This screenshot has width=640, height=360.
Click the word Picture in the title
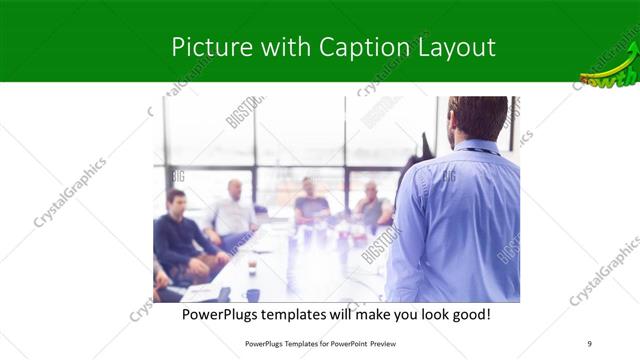pos(204,47)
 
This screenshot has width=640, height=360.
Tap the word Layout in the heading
pos(453,47)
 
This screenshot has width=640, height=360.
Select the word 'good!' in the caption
pos(468,315)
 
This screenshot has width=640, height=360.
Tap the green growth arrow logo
pos(609,66)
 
